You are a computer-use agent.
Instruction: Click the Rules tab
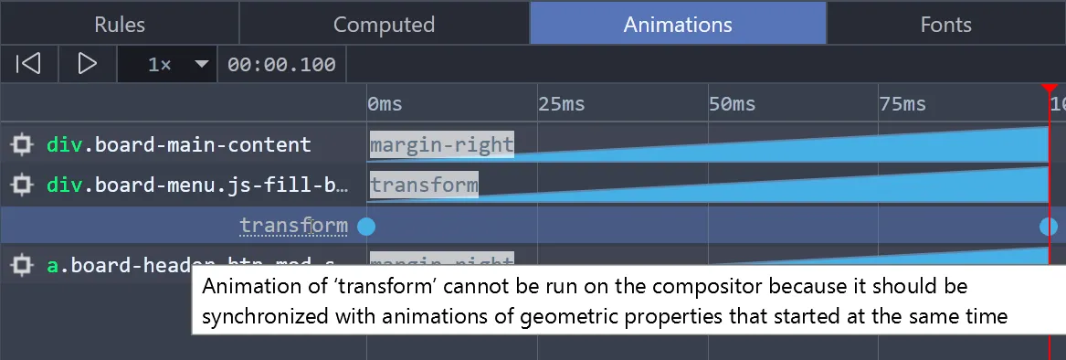click(x=120, y=25)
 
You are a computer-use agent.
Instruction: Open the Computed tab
click(x=384, y=25)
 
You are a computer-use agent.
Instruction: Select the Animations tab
click(x=678, y=25)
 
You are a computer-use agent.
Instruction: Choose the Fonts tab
click(x=945, y=25)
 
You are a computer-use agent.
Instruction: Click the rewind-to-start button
click(x=29, y=64)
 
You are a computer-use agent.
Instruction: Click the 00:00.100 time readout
click(x=281, y=65)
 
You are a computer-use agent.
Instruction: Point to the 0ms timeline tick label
click(x=385, y=104)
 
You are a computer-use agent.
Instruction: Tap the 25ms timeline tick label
click(x=561, y=104)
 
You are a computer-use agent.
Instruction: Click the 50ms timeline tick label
click(x=732, y=104)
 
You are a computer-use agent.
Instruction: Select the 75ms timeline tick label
click(x=902, y=104)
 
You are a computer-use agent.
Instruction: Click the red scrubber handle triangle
click(x=1049, y=88)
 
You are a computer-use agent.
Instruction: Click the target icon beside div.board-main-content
click(x=21, y=145)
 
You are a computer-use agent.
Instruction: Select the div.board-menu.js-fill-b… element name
click(x=197, y=185)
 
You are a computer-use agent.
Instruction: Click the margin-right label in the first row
click(x=441, y=144)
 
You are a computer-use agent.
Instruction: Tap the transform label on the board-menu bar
click(x=424, y=185)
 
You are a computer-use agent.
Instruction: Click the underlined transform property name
click(x=293, y=226)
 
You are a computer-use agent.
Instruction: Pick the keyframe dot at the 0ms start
click(x=366, y=227)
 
